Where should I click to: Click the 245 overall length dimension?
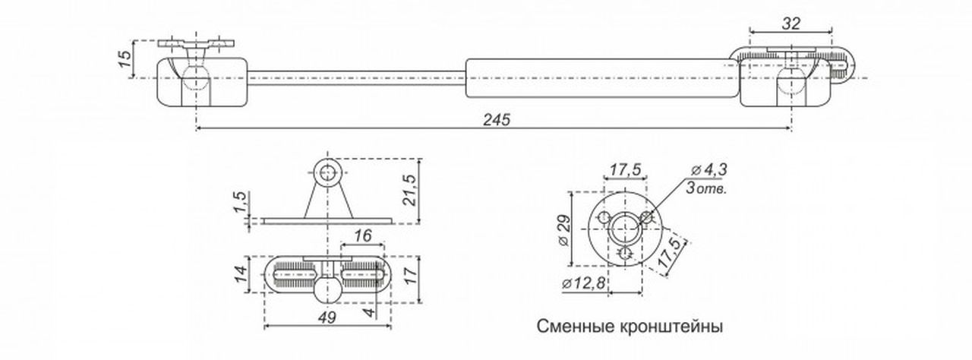[x=497, y=120]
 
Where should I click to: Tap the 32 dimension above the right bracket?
[x=791, y=24]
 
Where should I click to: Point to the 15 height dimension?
[x=125, y=58]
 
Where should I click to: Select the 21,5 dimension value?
[x=409, y=190]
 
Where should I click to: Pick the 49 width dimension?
[x=327, y=317]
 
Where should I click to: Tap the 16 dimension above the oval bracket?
[x=363, y=236]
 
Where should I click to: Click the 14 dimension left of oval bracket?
[x=241, y=273]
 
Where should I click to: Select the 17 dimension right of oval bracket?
[x=411, y=274]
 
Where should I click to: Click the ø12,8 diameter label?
[x=583, y=284]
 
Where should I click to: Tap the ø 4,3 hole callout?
[x=709, y=170]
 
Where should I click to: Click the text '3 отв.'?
[x=706, y=188]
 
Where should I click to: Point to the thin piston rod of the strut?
[x=357, y=78]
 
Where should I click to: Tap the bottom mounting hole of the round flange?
[x=625, y=254]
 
